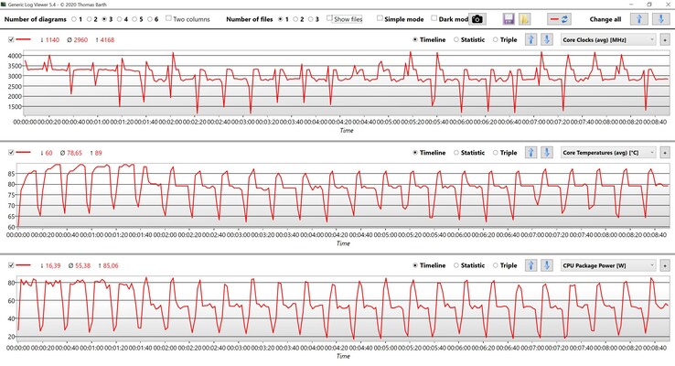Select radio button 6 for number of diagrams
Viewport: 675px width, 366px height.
[147, 18]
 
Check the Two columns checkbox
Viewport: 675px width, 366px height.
[170, 18]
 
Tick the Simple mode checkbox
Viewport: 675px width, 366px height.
[380, 18]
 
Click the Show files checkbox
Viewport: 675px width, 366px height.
[330, 18]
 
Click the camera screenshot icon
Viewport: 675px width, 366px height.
[503, 18]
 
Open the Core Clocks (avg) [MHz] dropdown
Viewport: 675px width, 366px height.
[607, 39]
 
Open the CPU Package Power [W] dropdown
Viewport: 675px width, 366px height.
[607, 265]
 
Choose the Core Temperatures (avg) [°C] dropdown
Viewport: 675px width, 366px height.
[607, 153]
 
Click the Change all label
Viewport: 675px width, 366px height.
[605, 18]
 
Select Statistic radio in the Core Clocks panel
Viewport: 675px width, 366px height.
[456, 39]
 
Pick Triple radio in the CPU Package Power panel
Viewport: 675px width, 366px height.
[497, 265]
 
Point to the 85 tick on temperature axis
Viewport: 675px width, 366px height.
[12, 173]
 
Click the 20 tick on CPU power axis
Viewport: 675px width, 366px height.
[12, 338]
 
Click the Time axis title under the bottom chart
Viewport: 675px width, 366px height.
[343, 357]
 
